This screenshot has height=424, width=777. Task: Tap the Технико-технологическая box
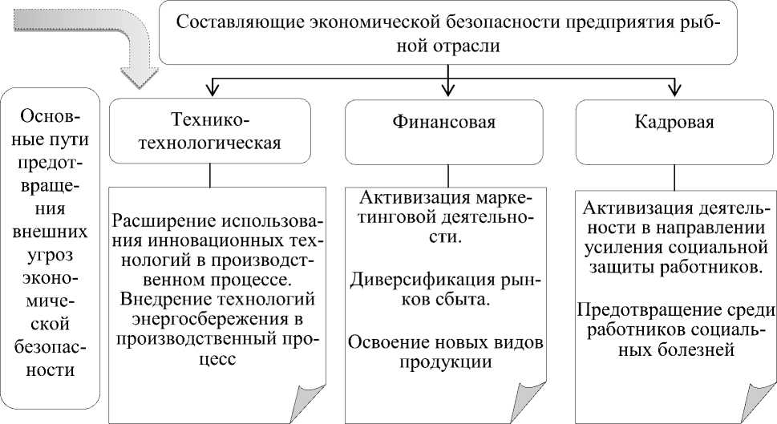pos(210,131)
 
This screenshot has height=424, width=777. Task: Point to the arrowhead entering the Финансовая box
pos(447,88)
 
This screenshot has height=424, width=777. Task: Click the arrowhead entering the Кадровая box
pos(675,88)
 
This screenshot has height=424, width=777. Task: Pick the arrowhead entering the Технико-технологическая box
pos(210,88)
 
